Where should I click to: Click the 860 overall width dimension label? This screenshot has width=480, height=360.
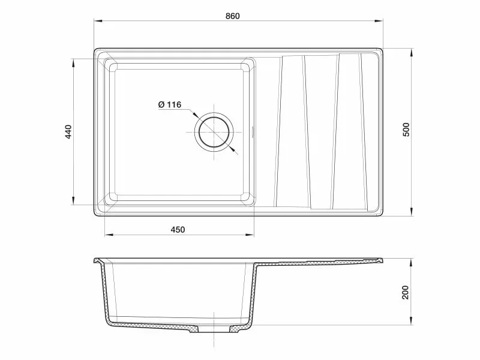click(233, 16)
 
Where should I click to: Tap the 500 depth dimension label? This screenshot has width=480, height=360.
click(406, 130)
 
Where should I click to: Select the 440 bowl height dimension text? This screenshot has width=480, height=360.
click(68, 131)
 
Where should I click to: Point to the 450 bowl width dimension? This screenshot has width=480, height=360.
click(178, 230)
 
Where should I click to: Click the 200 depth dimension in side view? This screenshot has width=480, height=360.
click(405, 292)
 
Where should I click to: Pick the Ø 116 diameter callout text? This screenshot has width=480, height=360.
click(170, 104)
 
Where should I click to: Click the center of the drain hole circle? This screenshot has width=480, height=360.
click(214, 132)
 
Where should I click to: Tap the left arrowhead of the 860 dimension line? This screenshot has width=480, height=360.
click(98, 21)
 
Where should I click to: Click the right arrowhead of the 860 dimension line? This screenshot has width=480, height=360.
click(379, 21)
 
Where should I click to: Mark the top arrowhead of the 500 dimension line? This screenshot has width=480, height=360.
click(412, 52)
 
